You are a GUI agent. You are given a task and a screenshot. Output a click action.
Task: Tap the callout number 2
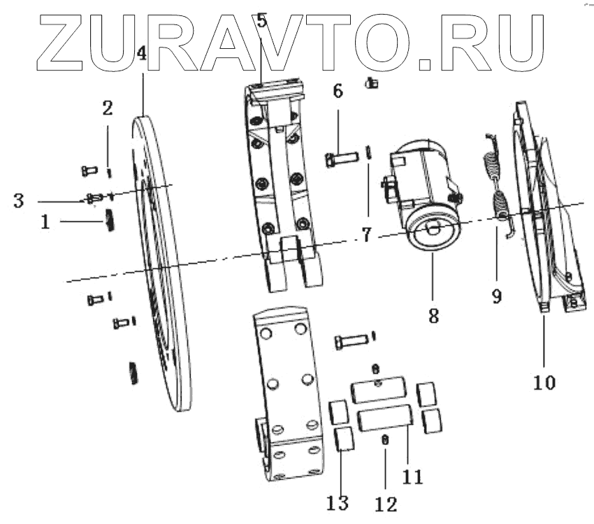pos(108,108)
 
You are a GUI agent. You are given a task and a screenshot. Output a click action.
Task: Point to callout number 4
pos(142,53)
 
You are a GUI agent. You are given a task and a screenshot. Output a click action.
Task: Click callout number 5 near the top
pos(261,20)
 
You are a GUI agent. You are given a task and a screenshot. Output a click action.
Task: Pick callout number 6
pos(338,92)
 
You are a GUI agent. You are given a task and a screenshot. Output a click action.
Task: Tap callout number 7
pos(366,235)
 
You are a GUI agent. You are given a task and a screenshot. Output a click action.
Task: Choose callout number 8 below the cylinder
pos(433,316)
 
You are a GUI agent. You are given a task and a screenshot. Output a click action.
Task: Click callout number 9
pos(496,296)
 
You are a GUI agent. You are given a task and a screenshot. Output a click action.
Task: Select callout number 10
pos(544,382)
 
